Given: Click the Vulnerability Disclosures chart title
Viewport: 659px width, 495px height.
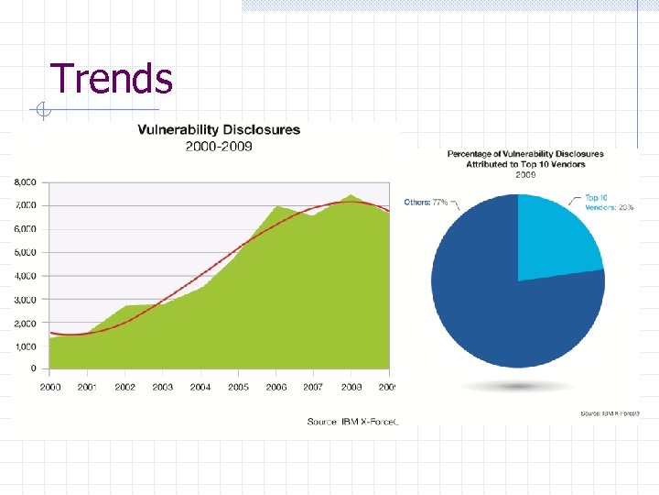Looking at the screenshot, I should tap(219, 129).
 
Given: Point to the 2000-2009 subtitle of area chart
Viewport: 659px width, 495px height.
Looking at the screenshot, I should tap(219, 146).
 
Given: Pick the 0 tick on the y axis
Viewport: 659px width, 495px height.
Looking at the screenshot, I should tap(33, 369).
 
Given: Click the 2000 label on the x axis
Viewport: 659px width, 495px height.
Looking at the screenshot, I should tap(50, 387).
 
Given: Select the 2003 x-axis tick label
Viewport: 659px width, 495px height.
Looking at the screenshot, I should tap(163, 387).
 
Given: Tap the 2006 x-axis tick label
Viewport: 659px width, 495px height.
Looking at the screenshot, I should tap(275, 387).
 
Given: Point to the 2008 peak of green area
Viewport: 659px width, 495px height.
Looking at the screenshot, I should tap(351, 196).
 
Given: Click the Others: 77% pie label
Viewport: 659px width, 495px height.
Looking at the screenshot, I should tap(427, 202).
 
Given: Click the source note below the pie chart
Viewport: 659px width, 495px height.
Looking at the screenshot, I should tap(607, 413).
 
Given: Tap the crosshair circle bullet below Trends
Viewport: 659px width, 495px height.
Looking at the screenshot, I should tap(41, 112).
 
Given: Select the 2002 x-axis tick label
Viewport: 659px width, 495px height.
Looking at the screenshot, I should tap(125, 387).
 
